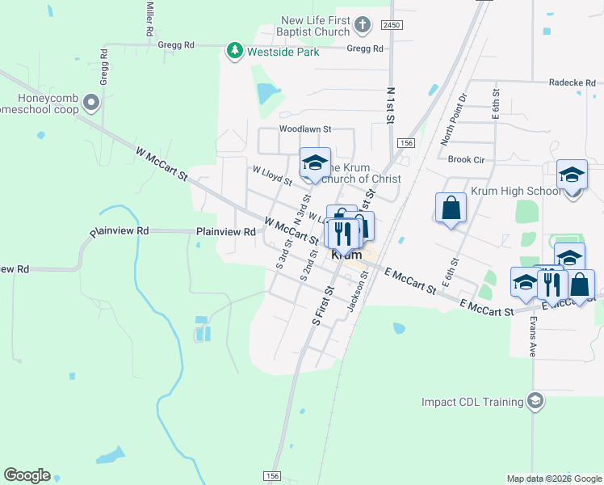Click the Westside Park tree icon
(235, 52)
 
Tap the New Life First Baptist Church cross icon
(362, 25)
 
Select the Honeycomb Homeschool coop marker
(91, 103)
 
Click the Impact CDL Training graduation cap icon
(534, 401)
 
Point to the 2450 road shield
(392, 26)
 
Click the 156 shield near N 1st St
(405, 143)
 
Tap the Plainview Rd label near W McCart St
(226, 231)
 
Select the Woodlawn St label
(305, 129)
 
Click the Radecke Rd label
(573, 82)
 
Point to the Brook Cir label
(466, 160)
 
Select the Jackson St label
(357, 291)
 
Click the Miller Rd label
(149, 18)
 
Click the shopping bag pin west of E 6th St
(451, 207)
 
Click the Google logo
(27, 475)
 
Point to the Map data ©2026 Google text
(553, 479)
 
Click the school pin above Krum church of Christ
(315, 162)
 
